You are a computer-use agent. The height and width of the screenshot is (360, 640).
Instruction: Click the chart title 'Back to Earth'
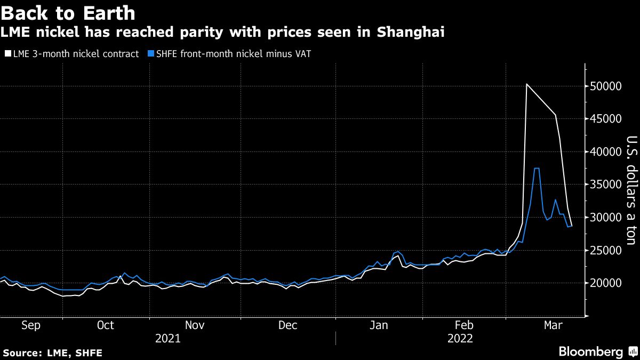click(x=68, y=12)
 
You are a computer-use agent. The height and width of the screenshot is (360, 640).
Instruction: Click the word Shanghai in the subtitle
click(x=411, y=32)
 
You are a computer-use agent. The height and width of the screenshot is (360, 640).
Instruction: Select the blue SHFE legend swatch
click(x=151, y=53)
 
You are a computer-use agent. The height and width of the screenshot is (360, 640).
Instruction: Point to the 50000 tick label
click(x=606, y=86)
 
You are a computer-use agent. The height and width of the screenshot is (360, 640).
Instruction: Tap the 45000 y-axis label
click(x=606, y=119)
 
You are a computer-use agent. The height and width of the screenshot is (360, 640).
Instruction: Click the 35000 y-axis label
click(x=606, y=185)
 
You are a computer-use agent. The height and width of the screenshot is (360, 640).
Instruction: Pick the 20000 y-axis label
click(x=606, y=283)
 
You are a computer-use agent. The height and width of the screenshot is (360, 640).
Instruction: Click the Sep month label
click(x=31, y=325)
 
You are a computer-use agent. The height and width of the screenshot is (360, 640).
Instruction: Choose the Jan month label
click(x=379, y=325)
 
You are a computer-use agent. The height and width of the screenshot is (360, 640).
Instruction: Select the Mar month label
click(x=553, y=325)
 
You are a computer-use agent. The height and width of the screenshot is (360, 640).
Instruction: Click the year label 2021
click(x=167, y=338)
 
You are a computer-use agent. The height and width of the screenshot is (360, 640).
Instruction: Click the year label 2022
click(x=460, y=338)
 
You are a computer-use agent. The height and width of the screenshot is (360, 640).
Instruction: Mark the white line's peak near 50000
click(x=526, y=84)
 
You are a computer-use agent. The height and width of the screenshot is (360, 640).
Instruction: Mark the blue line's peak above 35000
click(x=537, y=169)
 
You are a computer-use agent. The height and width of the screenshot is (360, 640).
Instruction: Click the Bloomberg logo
click(x=590, y=352)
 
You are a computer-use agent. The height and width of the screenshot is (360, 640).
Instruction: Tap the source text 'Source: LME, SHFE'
click(x=52, y=353)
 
